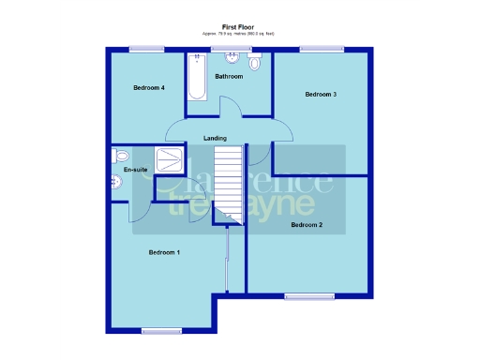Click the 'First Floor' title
240,27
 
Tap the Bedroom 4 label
149,88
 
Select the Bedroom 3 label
321,94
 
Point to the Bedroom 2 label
307,225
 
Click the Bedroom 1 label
165,252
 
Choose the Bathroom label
229,76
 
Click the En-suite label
136,170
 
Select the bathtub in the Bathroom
197,77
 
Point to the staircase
227,184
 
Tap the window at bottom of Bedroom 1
161,330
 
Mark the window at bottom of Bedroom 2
309,296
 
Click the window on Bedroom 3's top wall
312,49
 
